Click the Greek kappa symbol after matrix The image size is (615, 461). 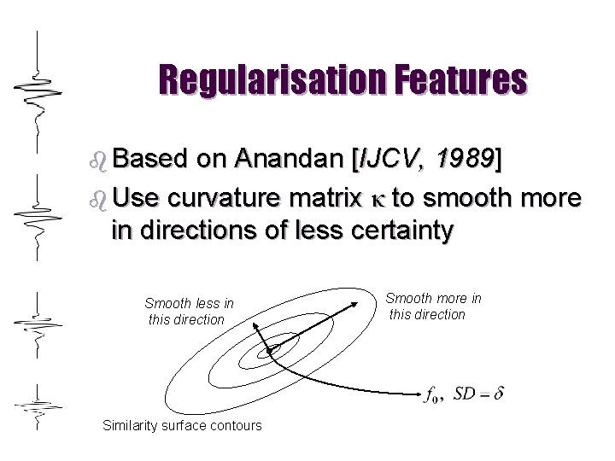(x=376, y=199)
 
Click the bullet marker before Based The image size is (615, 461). (x=97, y=160)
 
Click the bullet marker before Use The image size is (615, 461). (x=97, y=199)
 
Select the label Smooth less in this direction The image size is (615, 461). (x=188, y=312)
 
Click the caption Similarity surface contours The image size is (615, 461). (x=182, y=425)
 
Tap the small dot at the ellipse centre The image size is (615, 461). (x=272, y=350)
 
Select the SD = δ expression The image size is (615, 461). (x=478, y=394)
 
